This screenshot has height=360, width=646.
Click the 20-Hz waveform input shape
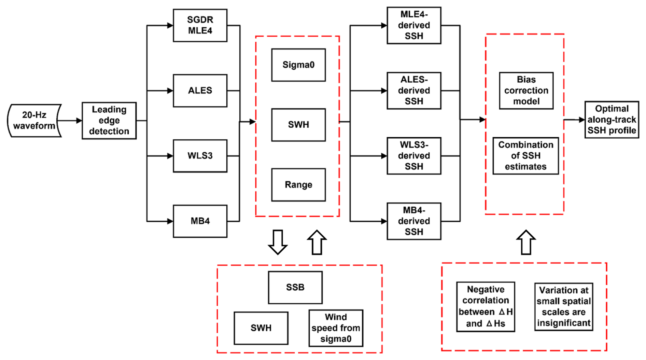[34, 121]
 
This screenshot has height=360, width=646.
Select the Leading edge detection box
[109, 121]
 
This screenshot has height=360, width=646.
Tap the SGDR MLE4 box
[200, 26]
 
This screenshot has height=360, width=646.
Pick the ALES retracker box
[200, 91]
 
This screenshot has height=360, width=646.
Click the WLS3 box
[200, 156]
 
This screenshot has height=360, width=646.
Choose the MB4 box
[200, 221]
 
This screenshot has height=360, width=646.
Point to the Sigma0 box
[298, 65]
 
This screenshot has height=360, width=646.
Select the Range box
[298, 185]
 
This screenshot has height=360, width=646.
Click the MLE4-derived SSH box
[414, 26]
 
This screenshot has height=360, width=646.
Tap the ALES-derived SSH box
[414, 91]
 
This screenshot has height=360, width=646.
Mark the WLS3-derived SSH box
[414, 156]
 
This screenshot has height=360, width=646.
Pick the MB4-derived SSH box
[414, 221]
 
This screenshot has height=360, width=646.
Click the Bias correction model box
[526, 91]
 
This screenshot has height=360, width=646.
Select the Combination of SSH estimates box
[525, 156]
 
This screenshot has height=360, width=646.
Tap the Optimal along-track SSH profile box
[612, 120]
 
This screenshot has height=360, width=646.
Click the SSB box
[295, 287]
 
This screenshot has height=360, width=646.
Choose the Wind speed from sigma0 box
[336, 328]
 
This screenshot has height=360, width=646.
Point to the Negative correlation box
[486, 306]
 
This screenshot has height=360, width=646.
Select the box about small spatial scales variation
[563, 306]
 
